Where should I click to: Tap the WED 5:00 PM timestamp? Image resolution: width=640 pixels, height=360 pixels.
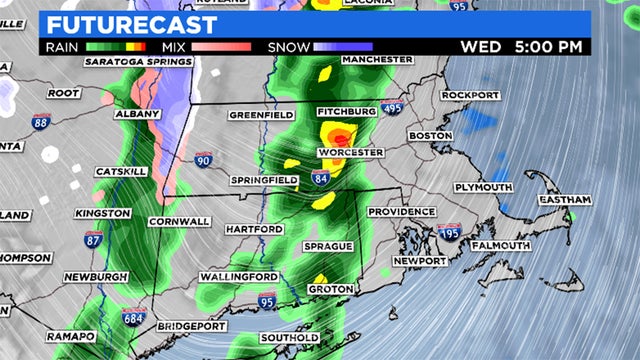tap(521, 47)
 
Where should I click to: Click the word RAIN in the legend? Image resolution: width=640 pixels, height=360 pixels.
tap(63, 47)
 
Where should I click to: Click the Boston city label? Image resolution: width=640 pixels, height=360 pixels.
tap(431, 135)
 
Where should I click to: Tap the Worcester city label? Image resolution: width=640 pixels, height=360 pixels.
tap(350, 152)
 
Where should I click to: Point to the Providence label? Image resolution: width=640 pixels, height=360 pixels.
tap(401, 212)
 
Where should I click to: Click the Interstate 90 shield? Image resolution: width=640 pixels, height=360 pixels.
tap(203, 159)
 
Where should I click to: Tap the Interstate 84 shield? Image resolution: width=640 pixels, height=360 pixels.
tap(320, 179)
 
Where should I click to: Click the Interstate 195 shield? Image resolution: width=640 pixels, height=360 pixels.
tap(450, 232)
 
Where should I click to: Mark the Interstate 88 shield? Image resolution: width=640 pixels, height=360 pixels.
tap(40, 123)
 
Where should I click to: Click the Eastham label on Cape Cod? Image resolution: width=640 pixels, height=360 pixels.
tap(566, 201)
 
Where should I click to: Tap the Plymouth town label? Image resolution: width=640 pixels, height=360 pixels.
tap(482, 187)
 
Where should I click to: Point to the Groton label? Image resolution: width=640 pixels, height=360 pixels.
tap(329, 289)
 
